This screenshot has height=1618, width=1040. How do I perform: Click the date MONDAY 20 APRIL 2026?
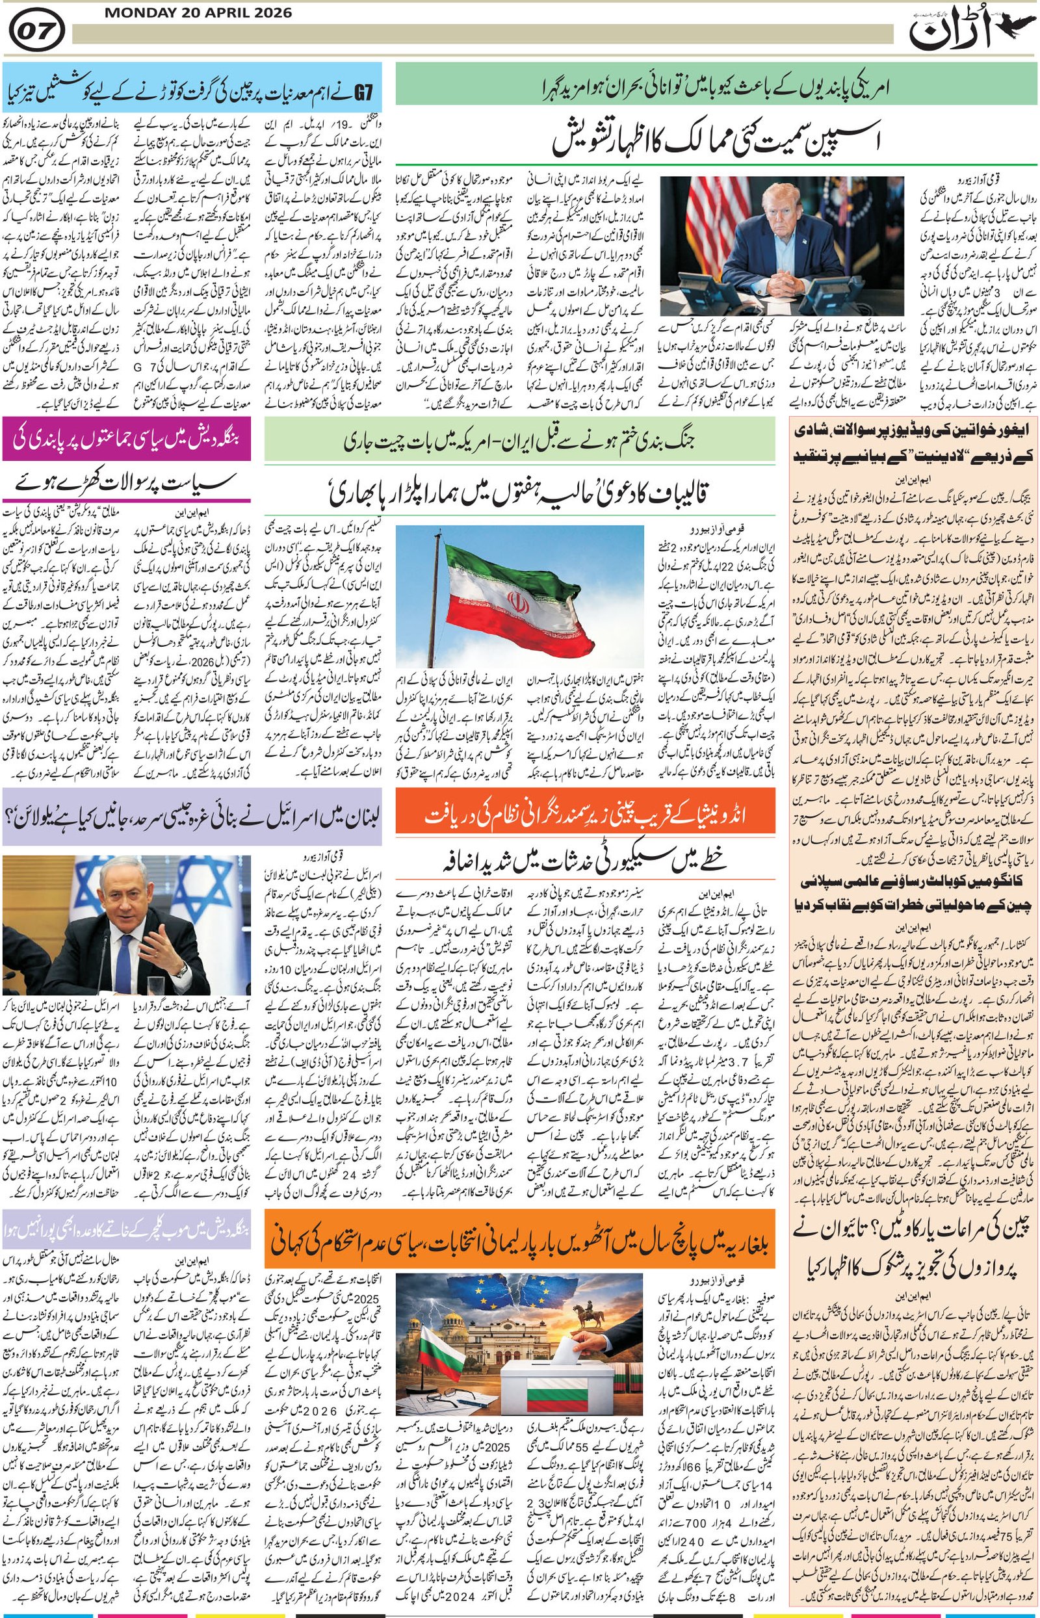pos(198,13)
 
